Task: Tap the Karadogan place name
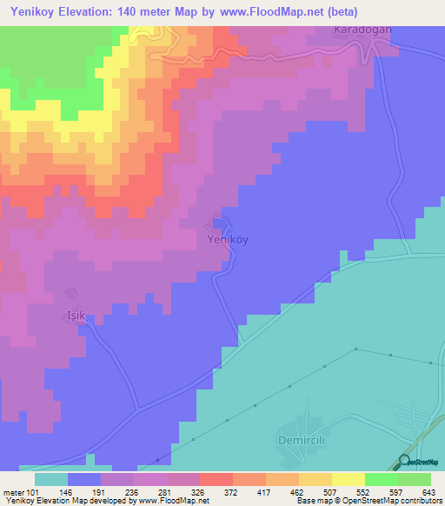click(x=362, y=29)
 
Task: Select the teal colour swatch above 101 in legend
click(x=51, y=479)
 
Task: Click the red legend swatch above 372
click(x=216, y=479)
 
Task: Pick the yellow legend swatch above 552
click(x=348, y=479)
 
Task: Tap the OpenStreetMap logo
click(x=419, y=462)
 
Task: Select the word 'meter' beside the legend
click(x=14, y=491)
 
